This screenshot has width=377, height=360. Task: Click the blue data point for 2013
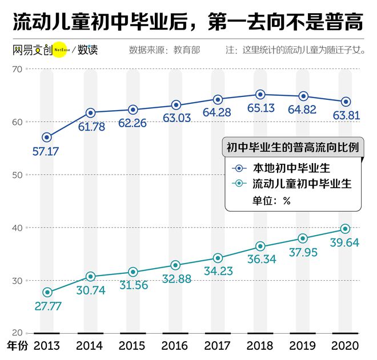tap(47, 137)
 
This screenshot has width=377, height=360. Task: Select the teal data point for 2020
tap(345, 229)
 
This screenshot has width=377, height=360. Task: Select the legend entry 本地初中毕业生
tap(291, 168)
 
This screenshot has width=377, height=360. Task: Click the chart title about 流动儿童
tap(188, 22)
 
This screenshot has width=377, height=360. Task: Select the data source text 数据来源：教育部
tap(165, 50)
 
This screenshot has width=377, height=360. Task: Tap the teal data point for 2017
tap(218, 258)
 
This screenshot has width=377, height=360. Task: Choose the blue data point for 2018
tap(260, 94)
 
